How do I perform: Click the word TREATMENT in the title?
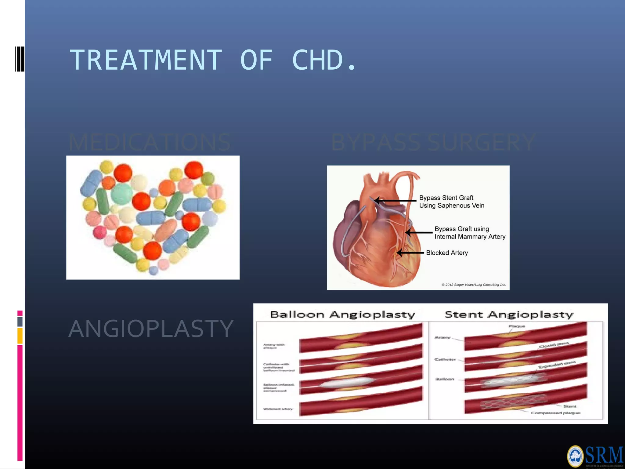(146, 60)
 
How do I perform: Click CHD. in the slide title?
(323, 60)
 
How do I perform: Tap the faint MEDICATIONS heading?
(150, 142)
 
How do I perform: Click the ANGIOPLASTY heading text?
(151, 329)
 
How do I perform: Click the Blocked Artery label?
(447, 253)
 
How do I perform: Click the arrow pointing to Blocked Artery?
(410, 253)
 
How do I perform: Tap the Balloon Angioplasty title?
(342, 314)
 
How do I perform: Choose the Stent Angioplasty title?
(509, 314)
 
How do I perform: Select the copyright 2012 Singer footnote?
(473, 285)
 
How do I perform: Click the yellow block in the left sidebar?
(20, 336)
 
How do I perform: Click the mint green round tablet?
(122, 194)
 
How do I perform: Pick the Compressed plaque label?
(555, 413)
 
